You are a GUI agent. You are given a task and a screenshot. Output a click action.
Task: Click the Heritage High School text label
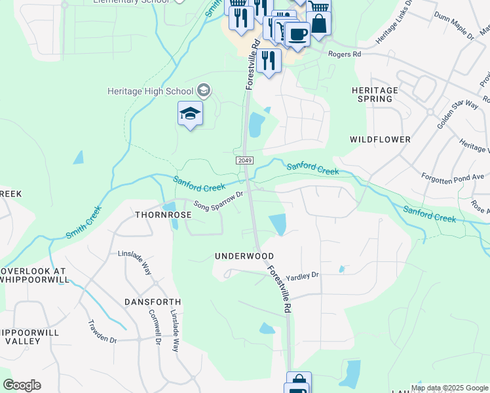point(151,91)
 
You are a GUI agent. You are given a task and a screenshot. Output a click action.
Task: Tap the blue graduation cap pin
point(190,114)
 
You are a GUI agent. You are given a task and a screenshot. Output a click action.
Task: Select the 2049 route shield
point(244,160)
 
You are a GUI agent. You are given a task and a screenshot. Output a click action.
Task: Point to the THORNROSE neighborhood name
point(163,215)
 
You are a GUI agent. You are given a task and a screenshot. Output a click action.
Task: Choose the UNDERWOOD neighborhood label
point(244,256)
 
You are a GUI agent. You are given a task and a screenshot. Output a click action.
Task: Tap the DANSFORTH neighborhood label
point(153,302)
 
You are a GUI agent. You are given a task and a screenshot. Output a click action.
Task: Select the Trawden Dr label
point(102,331)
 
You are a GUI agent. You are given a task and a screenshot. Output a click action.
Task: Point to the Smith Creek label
point(83,223)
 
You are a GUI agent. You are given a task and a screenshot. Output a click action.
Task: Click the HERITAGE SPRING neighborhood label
point(375,94)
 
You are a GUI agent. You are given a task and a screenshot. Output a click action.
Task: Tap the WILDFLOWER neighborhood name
point(380,140)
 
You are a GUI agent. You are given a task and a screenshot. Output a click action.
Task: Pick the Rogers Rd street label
point(345,54)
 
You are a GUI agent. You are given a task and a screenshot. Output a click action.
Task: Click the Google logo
point(22,385)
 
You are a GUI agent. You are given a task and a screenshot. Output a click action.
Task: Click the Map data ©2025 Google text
point(449,388)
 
